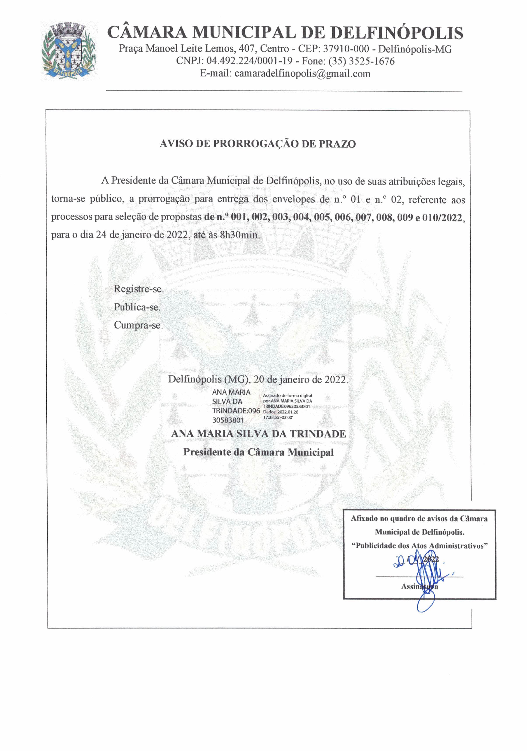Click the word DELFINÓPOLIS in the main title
(396, 33)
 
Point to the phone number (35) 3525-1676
(361, 61)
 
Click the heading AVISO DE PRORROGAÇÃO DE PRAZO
(258, 144)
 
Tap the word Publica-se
(137, 307)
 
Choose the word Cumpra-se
(138, 325)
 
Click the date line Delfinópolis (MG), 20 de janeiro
(258, 379)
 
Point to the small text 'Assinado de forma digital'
(287, 395)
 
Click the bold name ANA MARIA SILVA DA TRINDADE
(258, 434)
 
